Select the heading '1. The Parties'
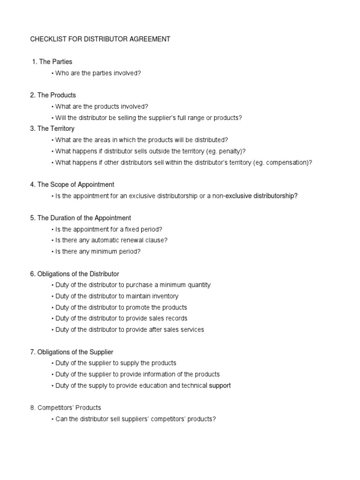52,61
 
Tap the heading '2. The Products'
53,95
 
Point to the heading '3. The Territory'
52,128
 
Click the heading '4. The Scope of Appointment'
72,185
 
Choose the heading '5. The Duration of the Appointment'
81,218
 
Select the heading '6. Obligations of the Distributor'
75,274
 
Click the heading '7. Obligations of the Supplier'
72,352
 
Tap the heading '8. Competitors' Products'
66,408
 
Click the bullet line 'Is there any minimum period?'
98,252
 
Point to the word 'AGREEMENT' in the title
145,39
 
